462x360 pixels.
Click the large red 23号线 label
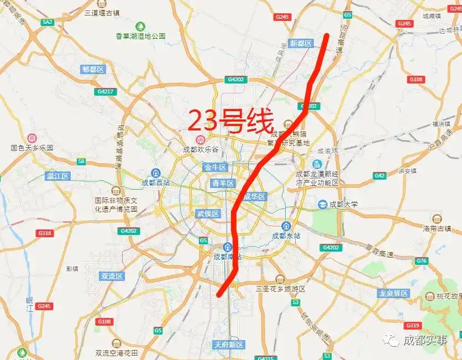point(231,121)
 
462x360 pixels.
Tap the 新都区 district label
point(301,43)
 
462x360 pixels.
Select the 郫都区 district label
point(93,69)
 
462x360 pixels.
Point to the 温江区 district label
point(57,176)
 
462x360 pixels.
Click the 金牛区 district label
point(215,167)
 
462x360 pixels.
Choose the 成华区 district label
point(255,197)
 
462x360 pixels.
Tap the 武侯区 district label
point(208,213)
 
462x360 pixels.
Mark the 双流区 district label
point(111,276)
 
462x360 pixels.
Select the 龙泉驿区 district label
point(393,293)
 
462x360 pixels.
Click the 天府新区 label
point(229,345)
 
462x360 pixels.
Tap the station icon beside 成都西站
point(156,173)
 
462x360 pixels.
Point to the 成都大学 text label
point(343,205)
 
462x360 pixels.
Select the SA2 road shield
point(47,22)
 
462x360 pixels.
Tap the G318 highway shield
point(45,233)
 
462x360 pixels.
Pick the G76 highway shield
point(422,260)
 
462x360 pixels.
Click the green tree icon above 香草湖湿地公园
point(140,26)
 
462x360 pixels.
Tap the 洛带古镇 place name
point(437,228)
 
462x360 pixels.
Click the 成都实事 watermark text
point(425,341)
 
